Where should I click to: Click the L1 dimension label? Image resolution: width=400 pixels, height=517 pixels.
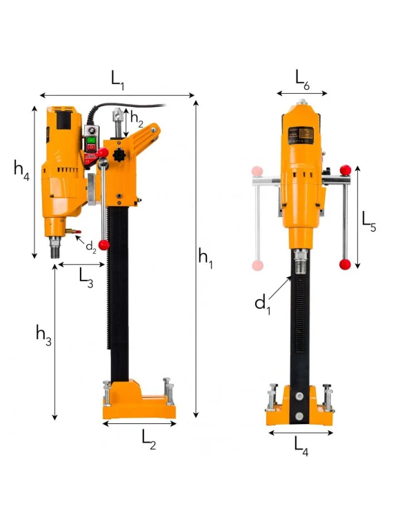(117, 81)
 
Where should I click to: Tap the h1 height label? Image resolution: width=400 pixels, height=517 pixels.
(206, 258)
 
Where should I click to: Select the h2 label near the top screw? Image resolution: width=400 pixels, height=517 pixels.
(137, 119)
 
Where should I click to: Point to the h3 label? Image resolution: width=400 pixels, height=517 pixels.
(44, 335)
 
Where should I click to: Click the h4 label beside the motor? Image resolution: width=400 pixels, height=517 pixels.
(22, 170)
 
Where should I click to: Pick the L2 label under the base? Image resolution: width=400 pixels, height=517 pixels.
(149, 440)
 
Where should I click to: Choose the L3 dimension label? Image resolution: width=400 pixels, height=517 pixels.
(86, 278)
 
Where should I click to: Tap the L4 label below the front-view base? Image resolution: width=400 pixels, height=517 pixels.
(301, 447)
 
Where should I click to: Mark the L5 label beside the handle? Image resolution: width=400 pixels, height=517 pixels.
(369, 222)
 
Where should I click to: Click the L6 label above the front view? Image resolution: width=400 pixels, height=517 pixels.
(302, 80)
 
